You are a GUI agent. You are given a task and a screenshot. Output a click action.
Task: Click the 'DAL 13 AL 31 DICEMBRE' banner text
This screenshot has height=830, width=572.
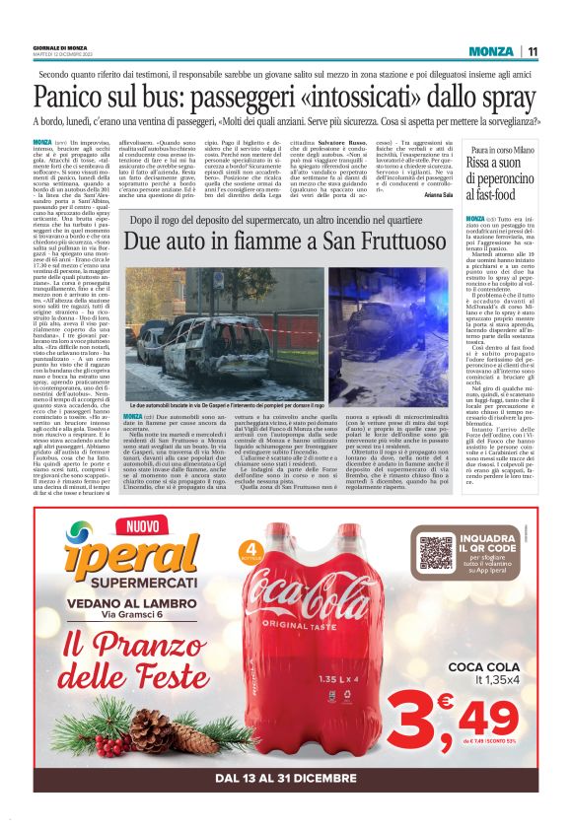point(285,778)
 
